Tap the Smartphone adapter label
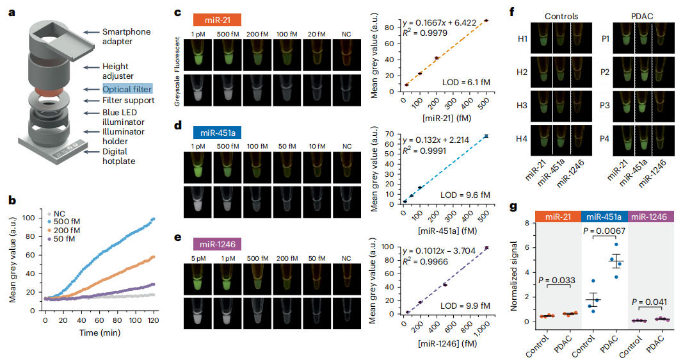pos(130,37)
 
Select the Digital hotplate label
pos(122,157)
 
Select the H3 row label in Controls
pos(523,107)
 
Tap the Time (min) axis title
pos(99,333)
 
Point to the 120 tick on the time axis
pos(152,320)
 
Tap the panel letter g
pos(514,206)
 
